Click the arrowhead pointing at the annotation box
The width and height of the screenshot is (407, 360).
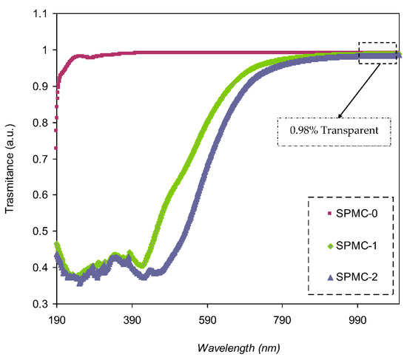tap(340, 117)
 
